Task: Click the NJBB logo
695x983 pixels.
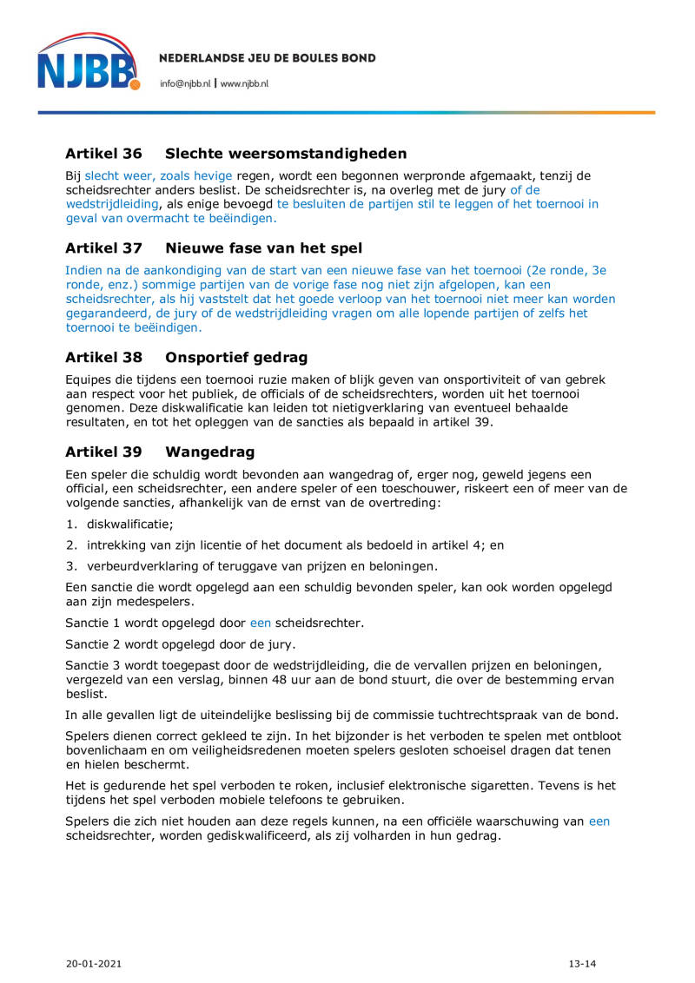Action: click(88, 62)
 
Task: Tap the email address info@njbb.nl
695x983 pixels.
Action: click(185, 83)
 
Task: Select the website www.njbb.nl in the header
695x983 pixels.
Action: click(244, 83)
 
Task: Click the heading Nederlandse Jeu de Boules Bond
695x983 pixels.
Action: click(268, 58)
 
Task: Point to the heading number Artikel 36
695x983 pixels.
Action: click(103, 154)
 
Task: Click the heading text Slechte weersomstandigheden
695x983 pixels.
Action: click(286, 154)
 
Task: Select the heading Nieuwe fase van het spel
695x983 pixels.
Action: click(263, 248)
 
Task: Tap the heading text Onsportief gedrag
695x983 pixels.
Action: click(236, 358)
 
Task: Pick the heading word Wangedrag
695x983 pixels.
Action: click(209, 452)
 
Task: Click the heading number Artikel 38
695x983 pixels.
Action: click(103, 358)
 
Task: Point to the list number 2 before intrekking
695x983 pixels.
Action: click(70, 545)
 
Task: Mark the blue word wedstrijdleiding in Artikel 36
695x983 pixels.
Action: click(111, 204)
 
